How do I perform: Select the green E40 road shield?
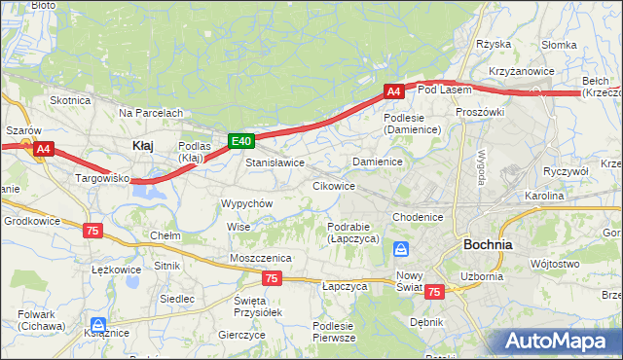click(x=241, y=142)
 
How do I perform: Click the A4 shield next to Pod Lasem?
click(x=393, y=91)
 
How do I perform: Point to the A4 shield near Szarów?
click(x=43, y=149)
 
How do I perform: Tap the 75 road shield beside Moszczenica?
click(x=272, y=278)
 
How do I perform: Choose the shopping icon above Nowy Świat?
click(x=401, y=250)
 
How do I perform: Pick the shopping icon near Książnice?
click(x=97, y=325)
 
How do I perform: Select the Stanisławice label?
click(x=275, y=162)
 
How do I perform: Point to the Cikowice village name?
click(x=333, y=185)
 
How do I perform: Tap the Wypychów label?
click(x=246, y=203)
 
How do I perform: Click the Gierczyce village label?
click(x=242, y=334)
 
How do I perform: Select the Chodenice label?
click(x=418, y=216)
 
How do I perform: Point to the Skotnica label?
click(x=70, y=99)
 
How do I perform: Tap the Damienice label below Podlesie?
click(x=378, y=161)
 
